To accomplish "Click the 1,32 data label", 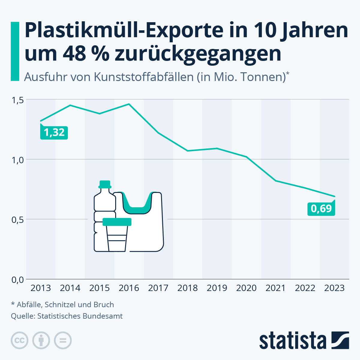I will [54, 133].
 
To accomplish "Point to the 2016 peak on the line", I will [129, 104].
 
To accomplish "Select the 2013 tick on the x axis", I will [41, 288].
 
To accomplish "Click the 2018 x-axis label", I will [187, 288].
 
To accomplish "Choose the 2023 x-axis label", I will [334, 288].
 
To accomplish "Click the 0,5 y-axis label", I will [17, 220].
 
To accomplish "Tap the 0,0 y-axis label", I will [17, 280].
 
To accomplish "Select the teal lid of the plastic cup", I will [117, 222].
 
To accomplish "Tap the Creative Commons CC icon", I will [19, 340].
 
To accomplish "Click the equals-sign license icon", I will [63, 340].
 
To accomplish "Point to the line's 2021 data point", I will [276, 181].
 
